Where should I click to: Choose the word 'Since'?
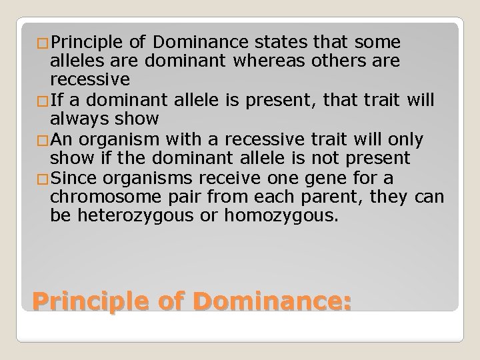(71, 178)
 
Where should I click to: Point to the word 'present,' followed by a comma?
(293, 101)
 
